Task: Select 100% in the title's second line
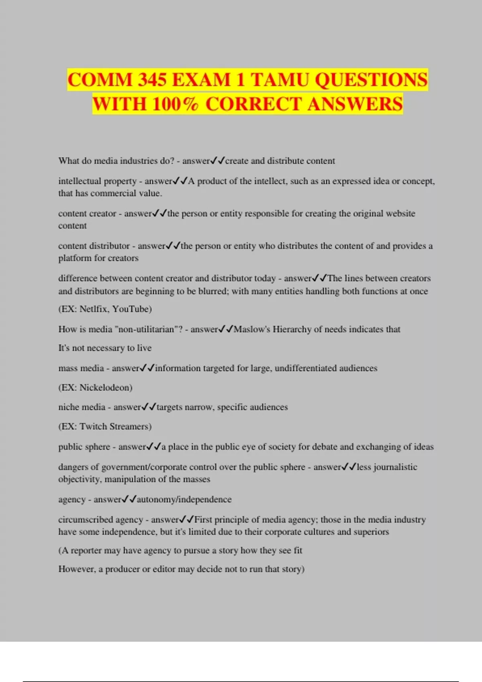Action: tap(175, 104)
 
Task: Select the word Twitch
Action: tap(93, 426)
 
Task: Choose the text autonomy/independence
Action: tap(184, 499)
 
